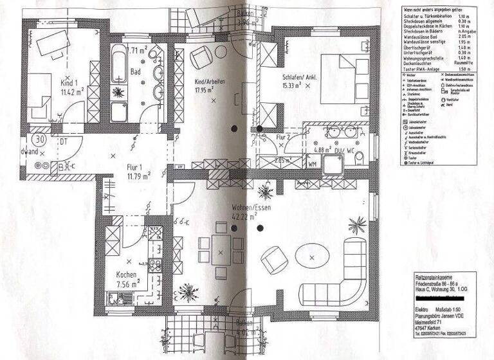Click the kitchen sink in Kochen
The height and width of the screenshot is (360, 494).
[x=120, y=298]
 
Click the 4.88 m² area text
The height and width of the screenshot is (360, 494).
[x=322, y=151]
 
